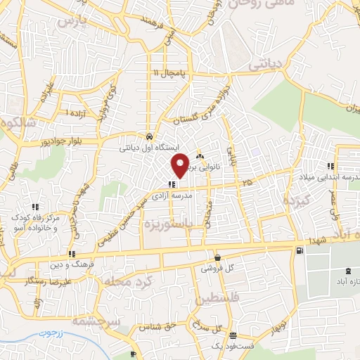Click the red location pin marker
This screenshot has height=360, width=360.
tap(181, 165)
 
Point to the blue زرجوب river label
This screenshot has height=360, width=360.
tap(51, 331)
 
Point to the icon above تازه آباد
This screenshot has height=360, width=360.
tap(348, 271)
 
